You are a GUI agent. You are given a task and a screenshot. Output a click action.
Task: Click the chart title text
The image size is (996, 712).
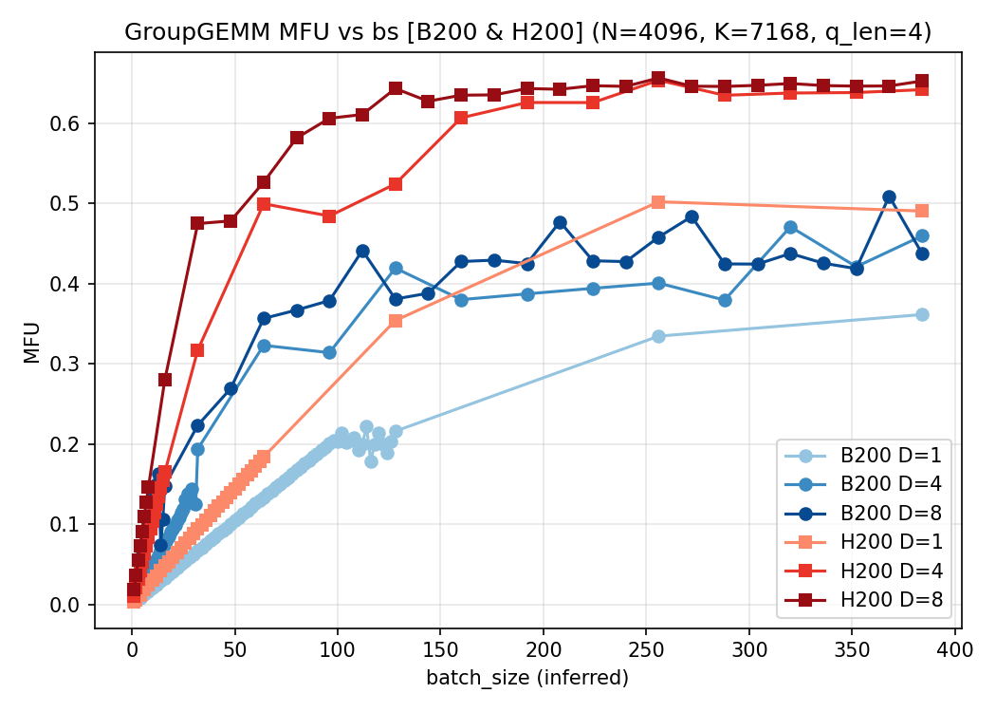coord(528,32)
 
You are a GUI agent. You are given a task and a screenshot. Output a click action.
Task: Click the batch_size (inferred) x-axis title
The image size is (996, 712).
coord(528,678)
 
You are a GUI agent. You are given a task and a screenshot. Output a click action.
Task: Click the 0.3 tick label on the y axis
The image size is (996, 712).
coord(71,365)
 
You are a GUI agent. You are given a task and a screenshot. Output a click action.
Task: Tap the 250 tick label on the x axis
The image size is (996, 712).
coord(646,649)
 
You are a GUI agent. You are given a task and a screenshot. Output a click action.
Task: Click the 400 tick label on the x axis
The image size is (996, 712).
coord(955,649)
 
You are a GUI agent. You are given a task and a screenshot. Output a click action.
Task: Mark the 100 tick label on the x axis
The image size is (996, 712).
coord(338,649)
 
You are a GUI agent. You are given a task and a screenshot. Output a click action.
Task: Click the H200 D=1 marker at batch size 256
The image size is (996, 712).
coord(658,202)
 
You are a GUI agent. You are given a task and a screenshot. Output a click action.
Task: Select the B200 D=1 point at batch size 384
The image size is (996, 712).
coord(922,314)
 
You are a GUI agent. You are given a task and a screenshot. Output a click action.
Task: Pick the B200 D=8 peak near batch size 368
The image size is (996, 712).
coord(889,197)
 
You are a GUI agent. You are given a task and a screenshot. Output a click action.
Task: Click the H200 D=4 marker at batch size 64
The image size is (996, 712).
coord(264,204)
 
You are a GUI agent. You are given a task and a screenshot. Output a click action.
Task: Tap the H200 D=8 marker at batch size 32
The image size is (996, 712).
coord(197,223)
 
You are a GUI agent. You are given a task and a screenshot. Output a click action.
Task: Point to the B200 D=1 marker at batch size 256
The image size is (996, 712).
coord(658,336)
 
